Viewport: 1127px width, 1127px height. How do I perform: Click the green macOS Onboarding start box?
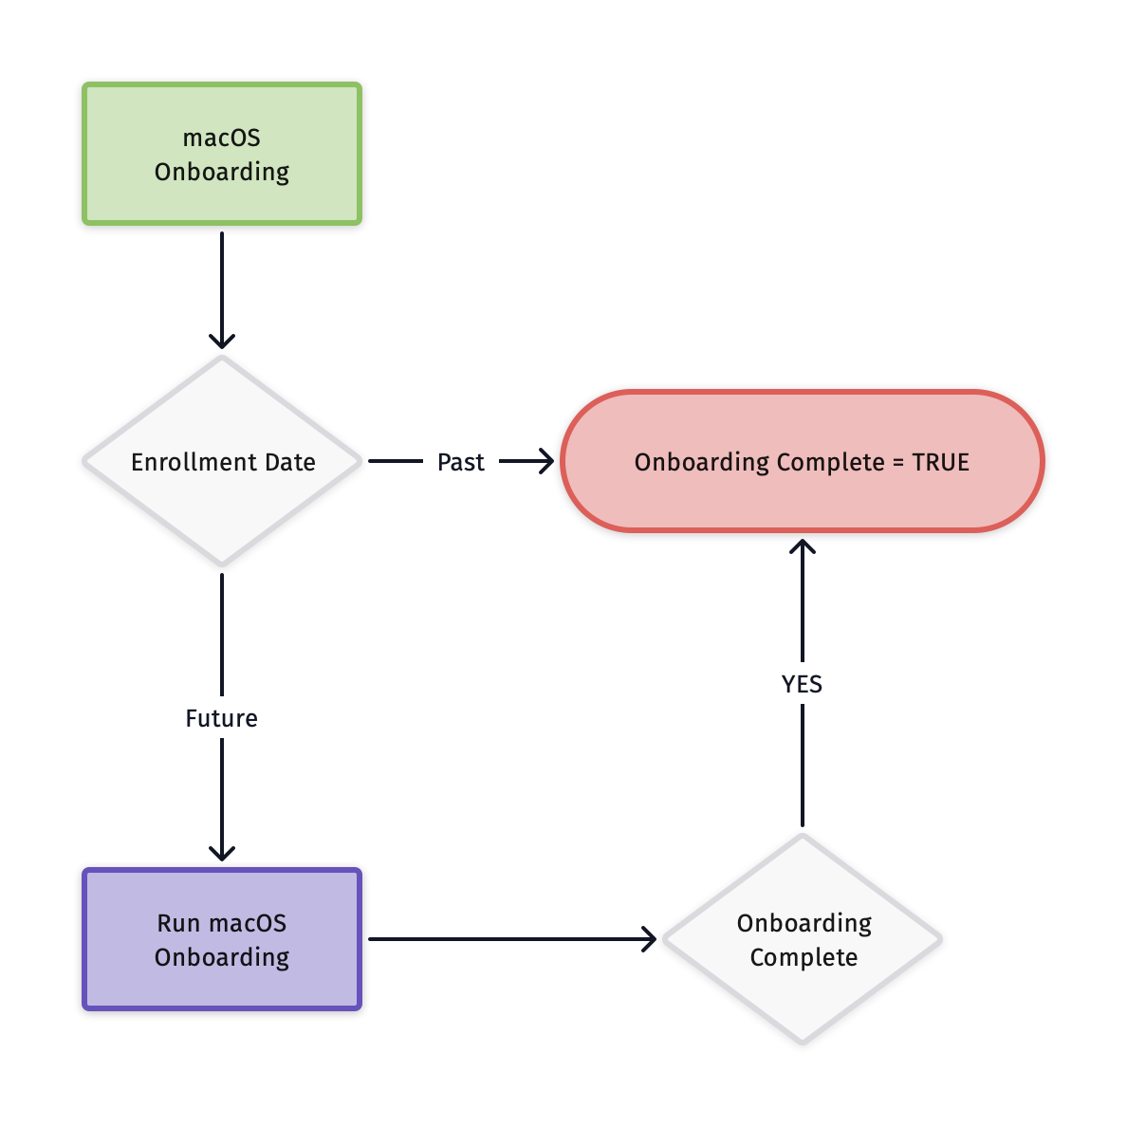coord(222,154)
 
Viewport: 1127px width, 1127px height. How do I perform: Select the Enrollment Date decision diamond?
coord(222,512)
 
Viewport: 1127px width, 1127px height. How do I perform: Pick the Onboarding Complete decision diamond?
coord(803,996)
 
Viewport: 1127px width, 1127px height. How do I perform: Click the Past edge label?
coord(461,462)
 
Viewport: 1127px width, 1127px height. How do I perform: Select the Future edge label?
coord(222,718)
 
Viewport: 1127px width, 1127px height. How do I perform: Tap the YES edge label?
coord(803,684)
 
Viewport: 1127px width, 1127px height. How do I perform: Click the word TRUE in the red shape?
coord(940,462)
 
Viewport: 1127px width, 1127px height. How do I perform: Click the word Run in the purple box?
coord(178,923)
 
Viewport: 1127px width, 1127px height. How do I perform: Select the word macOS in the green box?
coord(222,139)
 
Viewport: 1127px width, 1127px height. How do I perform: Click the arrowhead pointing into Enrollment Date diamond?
coord(222,342)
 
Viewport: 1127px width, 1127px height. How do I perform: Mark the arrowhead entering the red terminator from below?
coord(803,546)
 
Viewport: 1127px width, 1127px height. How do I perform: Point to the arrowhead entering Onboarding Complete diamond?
coord(649,939)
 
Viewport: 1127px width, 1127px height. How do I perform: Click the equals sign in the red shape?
coord(898,463)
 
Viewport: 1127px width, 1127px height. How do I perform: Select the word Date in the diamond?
coord(290,462)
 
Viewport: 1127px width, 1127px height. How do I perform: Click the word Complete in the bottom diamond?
coord(804,957)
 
